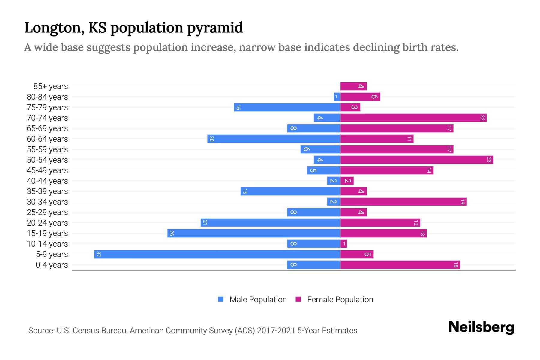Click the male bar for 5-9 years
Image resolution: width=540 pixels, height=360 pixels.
217,254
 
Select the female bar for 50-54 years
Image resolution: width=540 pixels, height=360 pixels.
417,160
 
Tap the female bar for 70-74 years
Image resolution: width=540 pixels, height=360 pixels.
413,118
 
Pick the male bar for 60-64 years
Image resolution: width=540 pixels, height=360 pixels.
274,139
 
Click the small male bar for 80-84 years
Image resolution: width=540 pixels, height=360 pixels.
337,97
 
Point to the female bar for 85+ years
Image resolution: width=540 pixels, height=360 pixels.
353,86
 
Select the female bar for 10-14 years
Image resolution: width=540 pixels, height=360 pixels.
343,244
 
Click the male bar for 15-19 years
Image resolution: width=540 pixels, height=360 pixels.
254,233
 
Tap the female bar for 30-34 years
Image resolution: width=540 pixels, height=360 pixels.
403,202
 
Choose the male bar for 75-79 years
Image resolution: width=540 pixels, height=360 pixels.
287,107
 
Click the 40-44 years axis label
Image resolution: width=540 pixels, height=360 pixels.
47,181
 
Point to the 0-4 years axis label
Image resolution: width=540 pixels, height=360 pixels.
52,265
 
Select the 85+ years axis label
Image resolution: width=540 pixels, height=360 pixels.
50,86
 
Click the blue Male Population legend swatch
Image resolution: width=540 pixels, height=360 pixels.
221,299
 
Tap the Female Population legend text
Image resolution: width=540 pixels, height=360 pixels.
340,299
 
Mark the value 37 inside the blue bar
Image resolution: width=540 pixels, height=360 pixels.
98,254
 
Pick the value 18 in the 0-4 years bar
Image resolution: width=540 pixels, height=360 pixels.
456,265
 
